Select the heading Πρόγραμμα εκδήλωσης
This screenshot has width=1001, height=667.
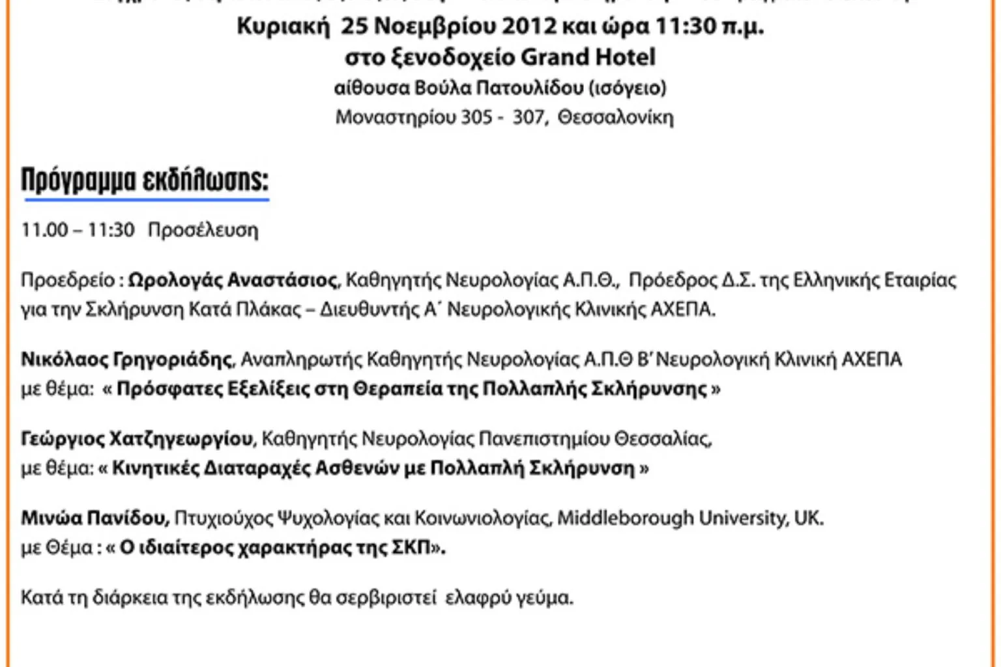[x=145, y=180]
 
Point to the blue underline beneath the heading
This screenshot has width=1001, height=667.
[x=146, y=199]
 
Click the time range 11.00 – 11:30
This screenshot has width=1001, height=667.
[x=78, y=230]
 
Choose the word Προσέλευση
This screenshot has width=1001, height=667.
[x=203, y=230]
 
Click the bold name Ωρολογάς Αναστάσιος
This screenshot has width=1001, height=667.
[x=233, y=280]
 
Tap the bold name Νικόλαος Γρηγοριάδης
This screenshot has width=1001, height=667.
[x=126, y=360]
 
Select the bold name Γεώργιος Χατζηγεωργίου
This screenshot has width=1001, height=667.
[x=137, y=439]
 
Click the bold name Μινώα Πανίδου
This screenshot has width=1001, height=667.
[x=95, y=518]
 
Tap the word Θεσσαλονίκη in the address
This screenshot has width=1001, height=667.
[x=615, y=117]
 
